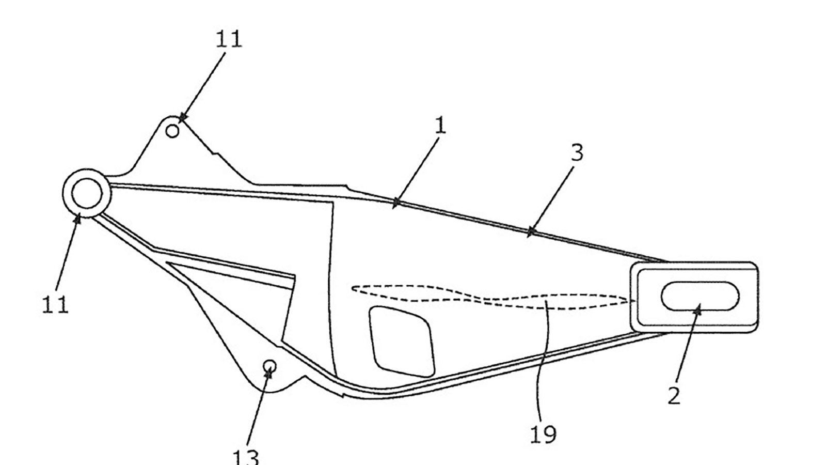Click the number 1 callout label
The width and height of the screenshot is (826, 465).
point(440,126)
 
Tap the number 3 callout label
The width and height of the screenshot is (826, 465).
point(577,152)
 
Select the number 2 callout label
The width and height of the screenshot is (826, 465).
point(674,396)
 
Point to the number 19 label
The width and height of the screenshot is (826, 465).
point(543,434)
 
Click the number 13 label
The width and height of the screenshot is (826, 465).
point(246,458)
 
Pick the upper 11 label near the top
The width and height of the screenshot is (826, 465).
point(229,39)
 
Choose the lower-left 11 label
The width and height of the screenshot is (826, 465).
point(55,305)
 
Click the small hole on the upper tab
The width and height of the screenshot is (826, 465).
point(172,131)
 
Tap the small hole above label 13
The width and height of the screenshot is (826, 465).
point(270,366)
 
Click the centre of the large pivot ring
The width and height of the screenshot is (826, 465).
point(87,193)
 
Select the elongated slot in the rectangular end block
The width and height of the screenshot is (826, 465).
point(700,296)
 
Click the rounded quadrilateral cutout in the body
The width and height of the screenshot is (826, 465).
point(402,342)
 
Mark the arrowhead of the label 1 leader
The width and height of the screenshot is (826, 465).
point(396,203)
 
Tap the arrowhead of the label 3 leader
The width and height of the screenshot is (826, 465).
point(530,232)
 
